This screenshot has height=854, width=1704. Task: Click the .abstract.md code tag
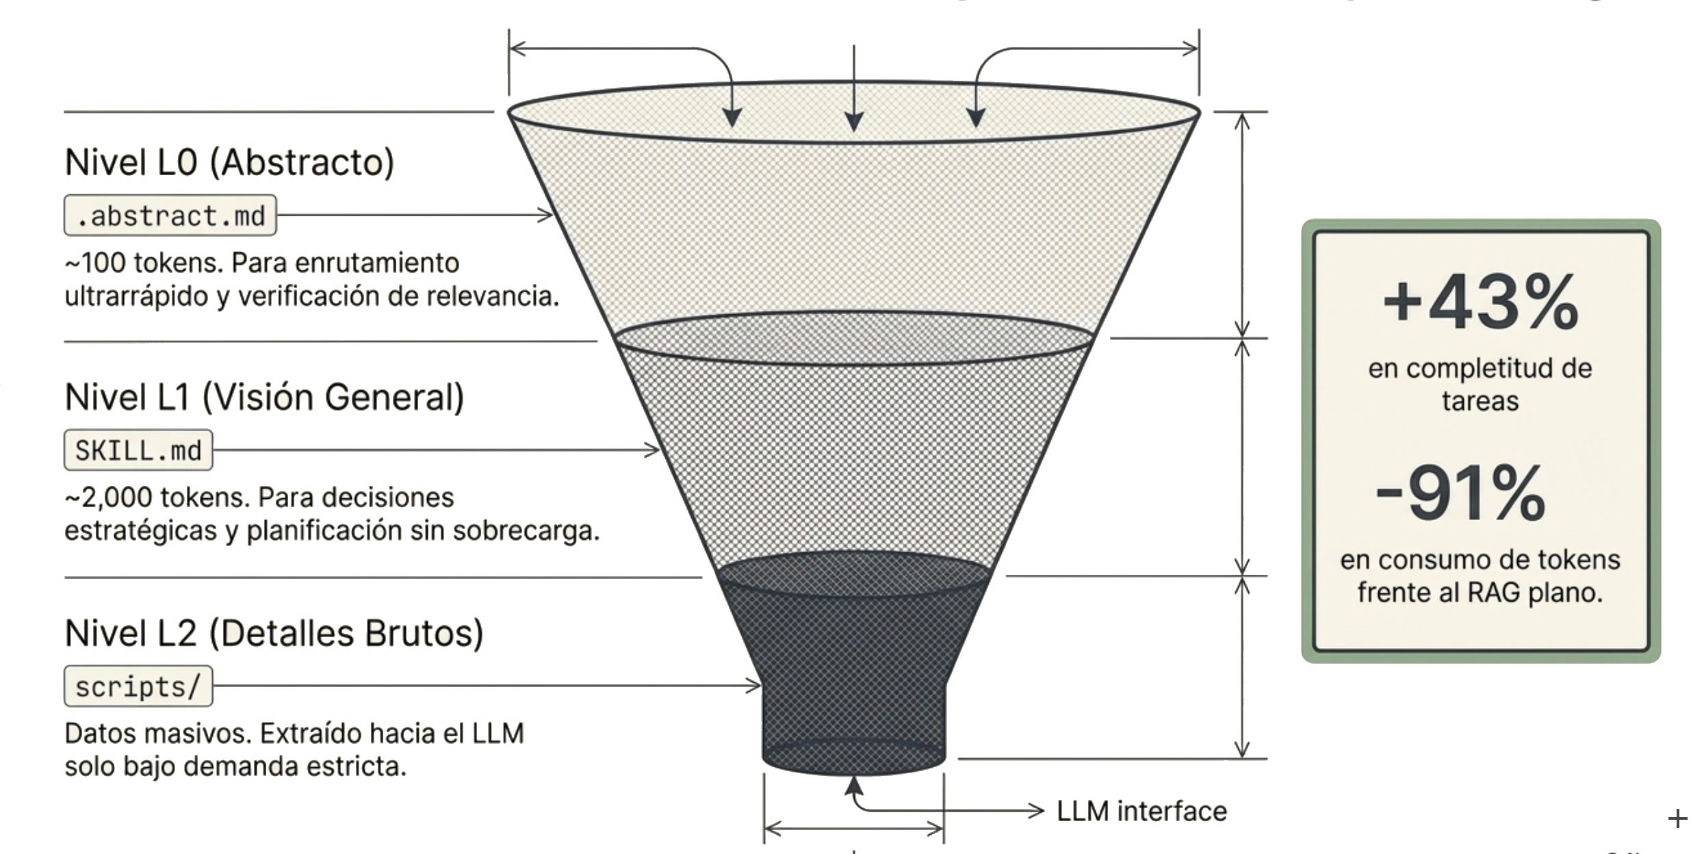click(x=170, y=216)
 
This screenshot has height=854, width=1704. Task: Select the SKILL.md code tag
click(x=138, y=450)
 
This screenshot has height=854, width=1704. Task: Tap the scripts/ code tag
click(x=138, y=686)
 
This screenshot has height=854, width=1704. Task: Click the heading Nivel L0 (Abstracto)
click(x=229, y=163)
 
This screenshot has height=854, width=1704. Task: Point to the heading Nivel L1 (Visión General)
click(x=264, y=398)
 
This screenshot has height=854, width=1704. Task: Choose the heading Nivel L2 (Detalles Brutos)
click(x=274, y=633)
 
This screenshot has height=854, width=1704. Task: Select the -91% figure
click(x=1460, y=493)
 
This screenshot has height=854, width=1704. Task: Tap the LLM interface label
click(x=1141, y=812)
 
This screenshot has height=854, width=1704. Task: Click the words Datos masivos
click(x=159, y=734)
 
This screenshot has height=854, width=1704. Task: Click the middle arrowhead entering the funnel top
click(x=853, y=121)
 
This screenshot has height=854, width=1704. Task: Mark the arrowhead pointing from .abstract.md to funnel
click(x=545, y=215)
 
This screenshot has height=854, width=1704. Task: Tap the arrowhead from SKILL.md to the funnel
click(x=652, y=450)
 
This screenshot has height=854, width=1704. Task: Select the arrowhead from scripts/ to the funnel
click(x=753, y=685)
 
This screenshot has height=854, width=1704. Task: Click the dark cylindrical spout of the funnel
click(x=853, y=725)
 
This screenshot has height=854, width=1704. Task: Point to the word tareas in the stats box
click(x=1480, y=401)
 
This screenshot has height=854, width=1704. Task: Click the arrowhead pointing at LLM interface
click(x=1036, y=811)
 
